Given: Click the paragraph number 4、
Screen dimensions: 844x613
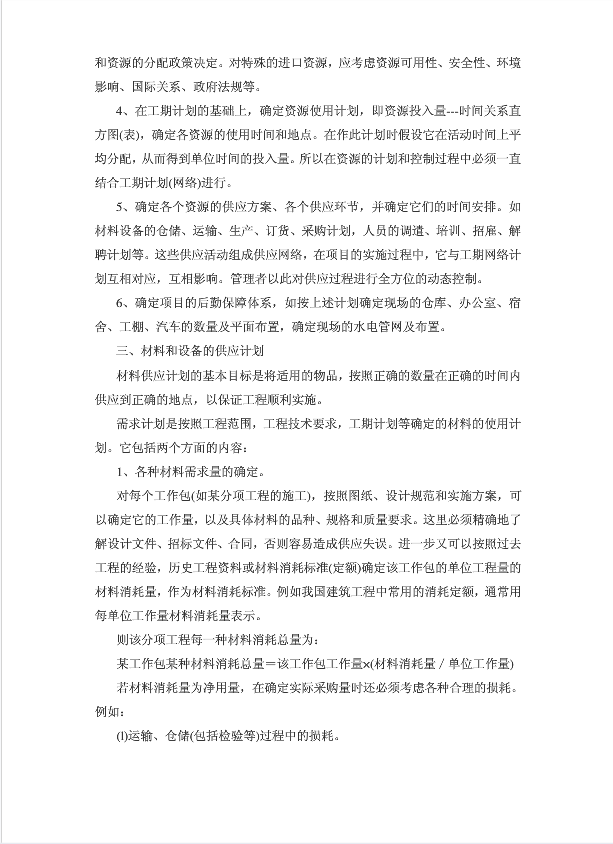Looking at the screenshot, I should point(124,109).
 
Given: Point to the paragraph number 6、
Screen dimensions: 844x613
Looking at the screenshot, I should point(124,302).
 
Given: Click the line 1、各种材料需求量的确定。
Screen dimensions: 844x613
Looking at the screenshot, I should point(191,471).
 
